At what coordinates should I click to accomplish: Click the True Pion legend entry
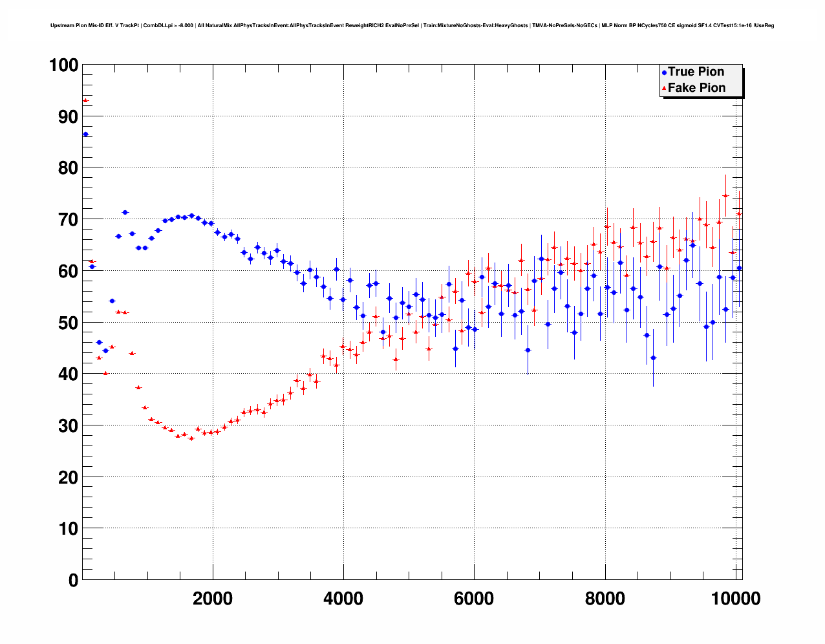point(696,72)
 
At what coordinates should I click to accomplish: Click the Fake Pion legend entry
point(696,88)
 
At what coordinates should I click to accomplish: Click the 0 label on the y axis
point(72,580)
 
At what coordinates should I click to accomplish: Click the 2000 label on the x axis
point(212,599)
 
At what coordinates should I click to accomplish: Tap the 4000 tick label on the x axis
point(343,599)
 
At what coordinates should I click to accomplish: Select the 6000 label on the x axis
point(474,599)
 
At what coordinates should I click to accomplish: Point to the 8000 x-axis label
point(605,599)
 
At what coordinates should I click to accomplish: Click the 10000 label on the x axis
point(736,599)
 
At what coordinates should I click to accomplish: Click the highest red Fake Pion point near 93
point(85,100)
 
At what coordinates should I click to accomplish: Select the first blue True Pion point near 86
point(85,134)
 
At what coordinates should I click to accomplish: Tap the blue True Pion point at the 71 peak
point(125,212)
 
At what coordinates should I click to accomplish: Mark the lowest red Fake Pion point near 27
point(191,438)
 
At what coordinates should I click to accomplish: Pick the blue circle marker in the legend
point(664,72)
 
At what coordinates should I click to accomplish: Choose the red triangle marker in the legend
point(664,89)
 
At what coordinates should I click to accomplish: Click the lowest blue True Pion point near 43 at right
point(653,358)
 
